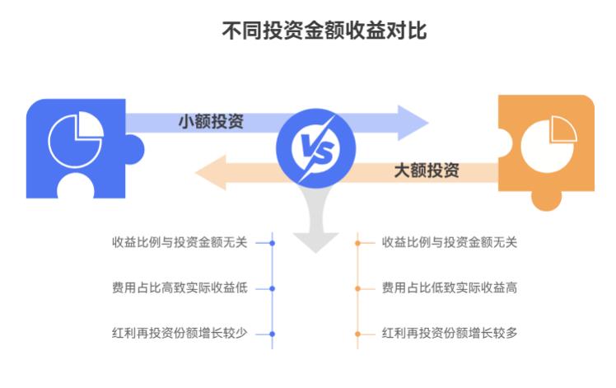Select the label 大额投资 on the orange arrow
pos(427,171)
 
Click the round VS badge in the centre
pos(316,147)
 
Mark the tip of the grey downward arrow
pos(316,249)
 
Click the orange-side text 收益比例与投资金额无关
pos(450,243)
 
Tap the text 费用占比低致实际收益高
pos(450,288)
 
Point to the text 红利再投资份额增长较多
pos(450,334)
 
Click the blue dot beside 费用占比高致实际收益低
pos(273,288)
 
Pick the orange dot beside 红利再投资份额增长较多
pos(358,334)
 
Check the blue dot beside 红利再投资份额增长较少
pos(273,334)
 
